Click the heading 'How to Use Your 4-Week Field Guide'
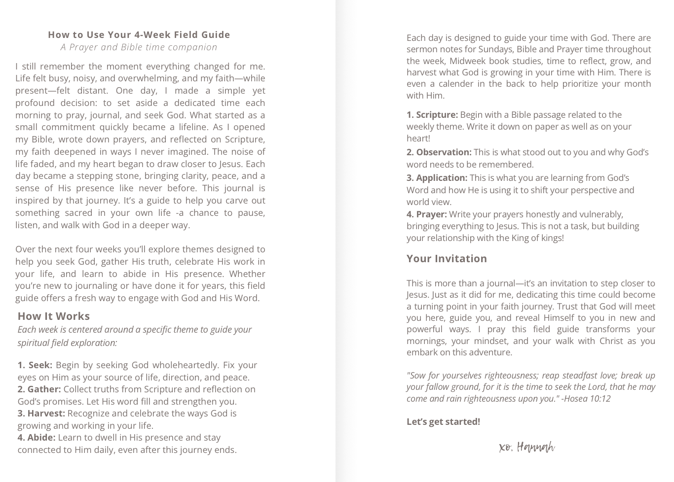(139, 34)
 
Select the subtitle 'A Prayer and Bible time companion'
(139, 47)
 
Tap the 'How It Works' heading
(54, 316)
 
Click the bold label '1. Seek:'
(35, 365)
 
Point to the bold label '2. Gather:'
(39, 389)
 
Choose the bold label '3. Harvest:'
(41, 413)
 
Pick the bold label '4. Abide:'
(37, 438)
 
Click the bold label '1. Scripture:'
(432, 115)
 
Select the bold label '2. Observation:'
(439, 152)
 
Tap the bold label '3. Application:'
(437, 178)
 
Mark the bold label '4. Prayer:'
(426, 214)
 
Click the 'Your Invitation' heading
(447, 259)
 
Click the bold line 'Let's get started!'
(443, 422)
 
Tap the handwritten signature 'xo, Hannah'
(526, 448)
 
